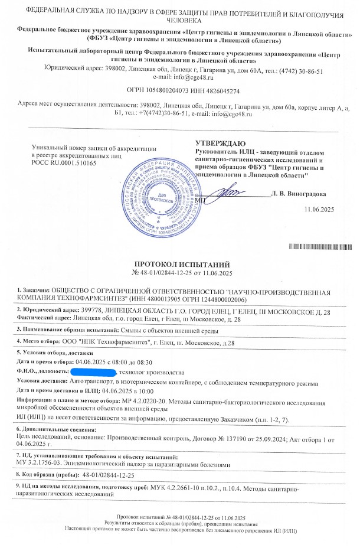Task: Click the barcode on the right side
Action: pos(317,246)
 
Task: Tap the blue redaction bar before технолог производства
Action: pos(93,372)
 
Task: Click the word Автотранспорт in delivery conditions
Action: pos(87,381)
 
